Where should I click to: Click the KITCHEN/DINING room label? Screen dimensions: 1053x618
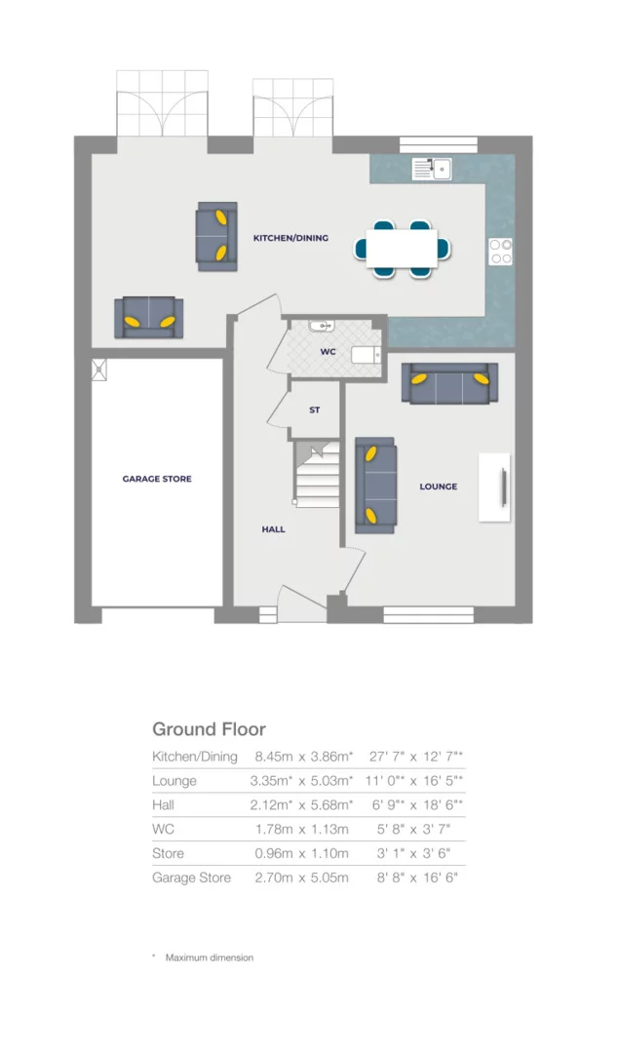point(290,238)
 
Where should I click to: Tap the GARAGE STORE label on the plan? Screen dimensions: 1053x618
point(157,479)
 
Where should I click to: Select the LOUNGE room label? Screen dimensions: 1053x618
point(438,487)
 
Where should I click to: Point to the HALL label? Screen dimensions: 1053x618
point(273,529)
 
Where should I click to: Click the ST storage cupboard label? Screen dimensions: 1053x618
point(314,410)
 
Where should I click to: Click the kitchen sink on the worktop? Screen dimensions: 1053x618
point(430,169)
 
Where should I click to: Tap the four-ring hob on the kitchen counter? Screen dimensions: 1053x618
point(501,252)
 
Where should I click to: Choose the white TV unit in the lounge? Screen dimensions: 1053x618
point(495,487)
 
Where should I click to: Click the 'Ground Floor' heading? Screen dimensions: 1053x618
point(209,729)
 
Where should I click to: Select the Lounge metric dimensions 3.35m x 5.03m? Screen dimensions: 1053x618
point(303,781)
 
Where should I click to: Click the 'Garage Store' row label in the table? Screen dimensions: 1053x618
point(191,877)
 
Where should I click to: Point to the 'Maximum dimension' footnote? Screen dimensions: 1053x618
point(209,957)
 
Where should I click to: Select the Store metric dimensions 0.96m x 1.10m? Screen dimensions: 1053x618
point(301,853)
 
